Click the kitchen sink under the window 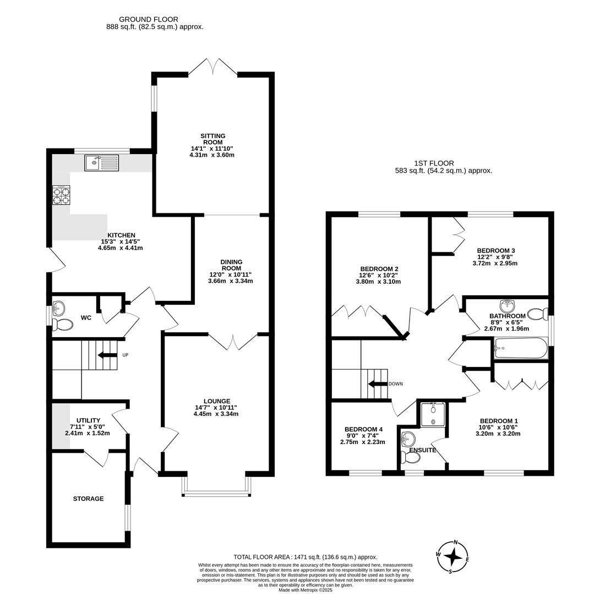tap(101, 162)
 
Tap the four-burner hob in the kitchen tap(61, 196)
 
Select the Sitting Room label tap(212, 139)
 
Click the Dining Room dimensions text tap(231, 278)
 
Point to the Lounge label tap(216, 401)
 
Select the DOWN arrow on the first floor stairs tap(378, 384)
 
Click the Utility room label tap(88, 420)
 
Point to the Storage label tap(88, 499)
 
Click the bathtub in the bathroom tap(521, 348)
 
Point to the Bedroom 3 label tap(495, 250)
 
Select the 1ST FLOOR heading tap(434, 163)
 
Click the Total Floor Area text tap(305, 557)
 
